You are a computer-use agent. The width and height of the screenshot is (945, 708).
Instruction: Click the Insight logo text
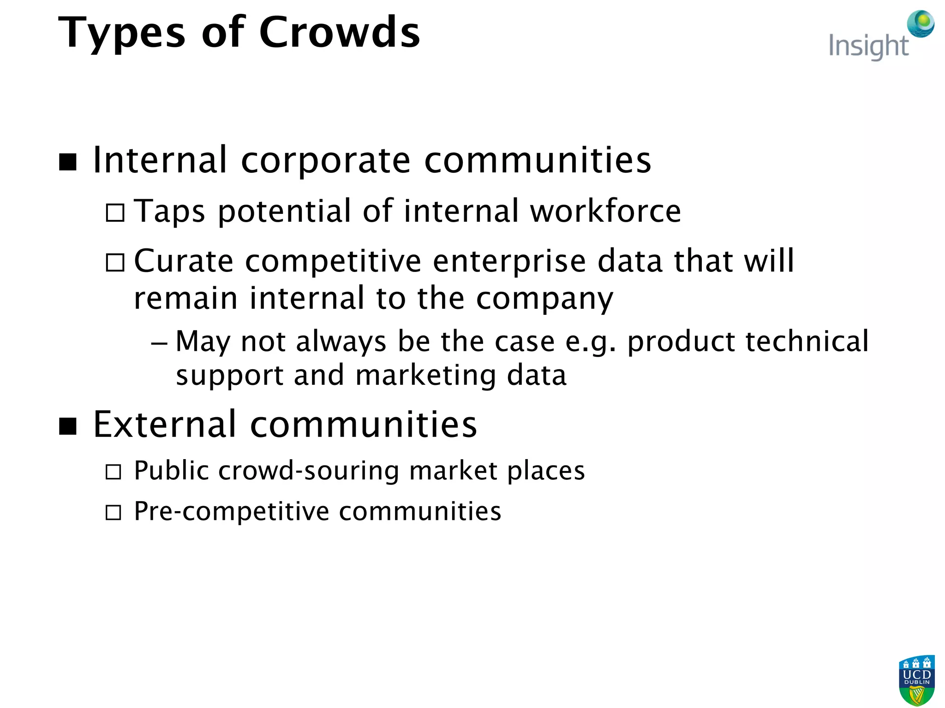click(868, 47)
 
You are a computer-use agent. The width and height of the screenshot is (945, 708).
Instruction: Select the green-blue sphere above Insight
click(921, 24)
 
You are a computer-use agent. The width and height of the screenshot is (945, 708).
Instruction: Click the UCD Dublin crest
click(916, 680)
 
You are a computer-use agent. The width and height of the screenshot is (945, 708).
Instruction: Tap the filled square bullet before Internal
click(68, 162)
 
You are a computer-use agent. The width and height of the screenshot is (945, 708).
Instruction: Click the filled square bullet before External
click(68, 426)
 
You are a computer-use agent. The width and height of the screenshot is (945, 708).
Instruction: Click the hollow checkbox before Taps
click(115, 213)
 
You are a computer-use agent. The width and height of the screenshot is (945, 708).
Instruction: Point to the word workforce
click(605, 211)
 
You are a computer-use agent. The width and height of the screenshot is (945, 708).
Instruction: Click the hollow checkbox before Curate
click(115, 263)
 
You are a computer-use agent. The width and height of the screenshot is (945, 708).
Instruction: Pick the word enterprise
click(509, 261)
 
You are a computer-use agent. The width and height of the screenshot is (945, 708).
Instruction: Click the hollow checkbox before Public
click(114, 472)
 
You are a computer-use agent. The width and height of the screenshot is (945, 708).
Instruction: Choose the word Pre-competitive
click(231, 512)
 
